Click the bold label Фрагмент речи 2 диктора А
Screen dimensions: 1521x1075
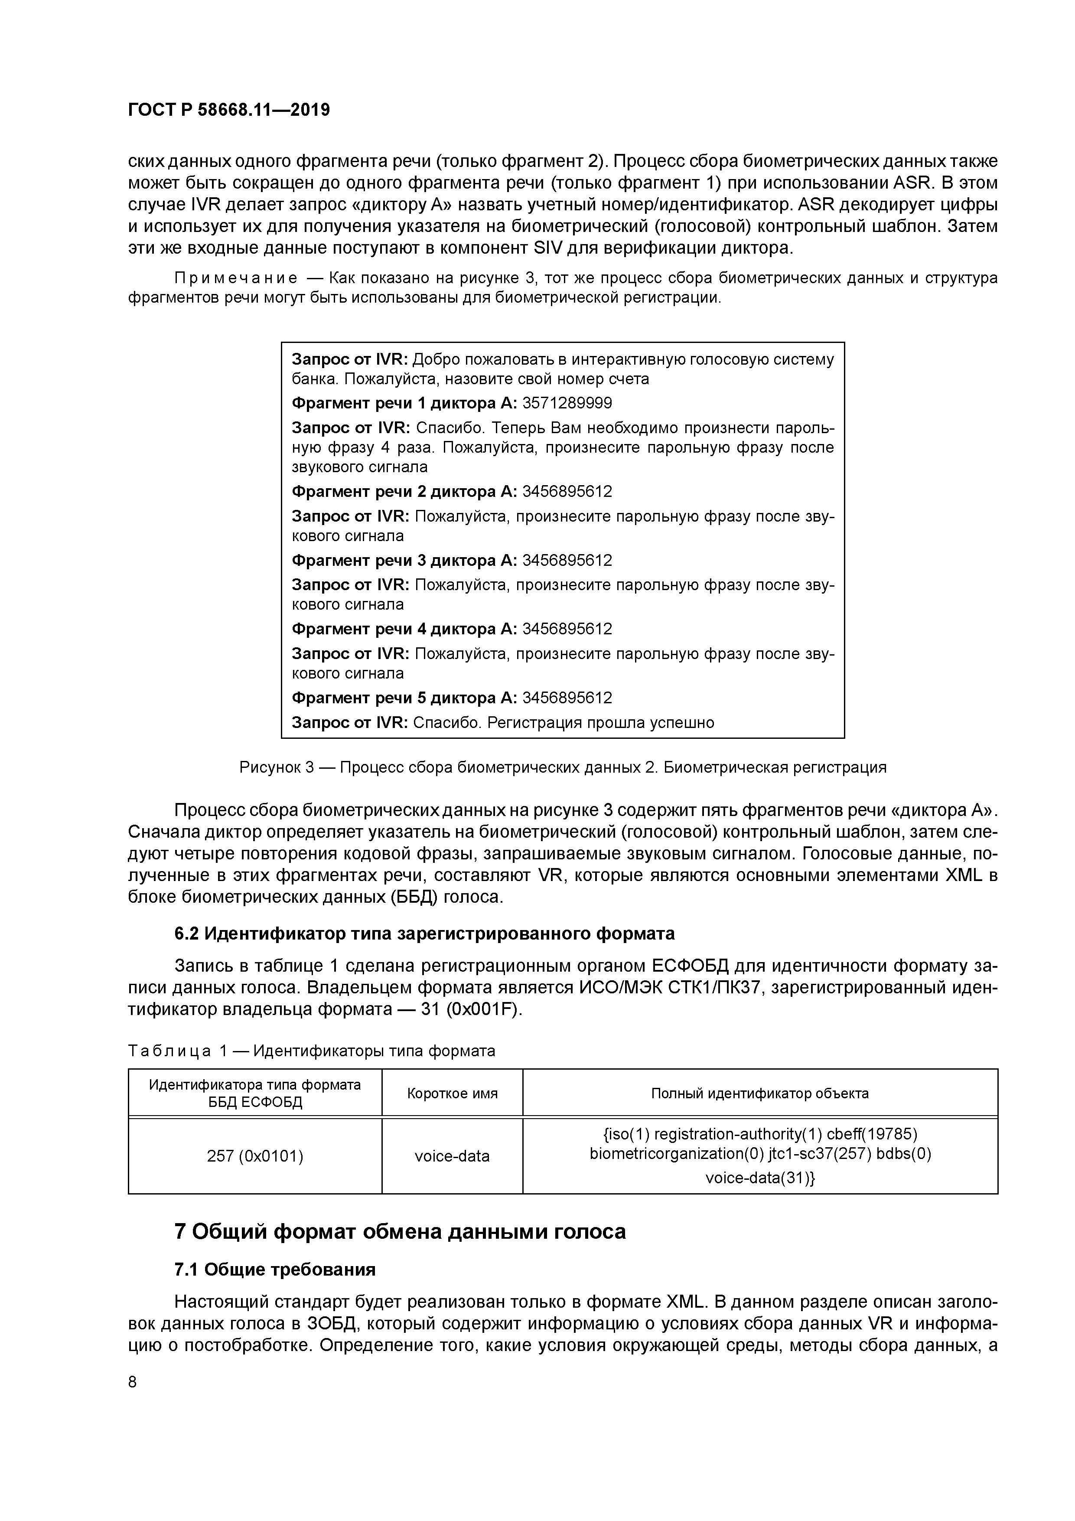click(404, 492)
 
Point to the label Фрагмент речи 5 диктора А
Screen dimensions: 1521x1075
click(404, 698)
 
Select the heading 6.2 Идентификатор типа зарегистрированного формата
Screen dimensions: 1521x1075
click(424, 933)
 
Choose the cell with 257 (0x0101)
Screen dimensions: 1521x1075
click(255, 1156)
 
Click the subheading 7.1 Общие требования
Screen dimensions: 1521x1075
click(275, 1269)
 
